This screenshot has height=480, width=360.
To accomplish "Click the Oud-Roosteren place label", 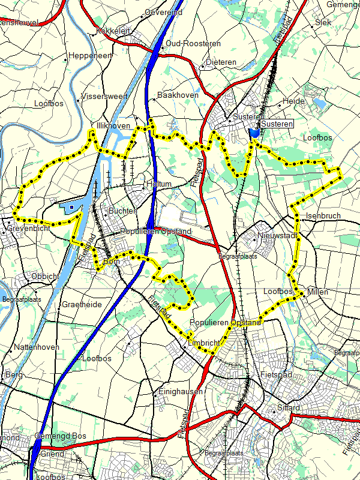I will [193, 44].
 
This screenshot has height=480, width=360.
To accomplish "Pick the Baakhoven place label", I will [177, 95].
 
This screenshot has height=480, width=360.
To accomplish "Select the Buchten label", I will [122, 211].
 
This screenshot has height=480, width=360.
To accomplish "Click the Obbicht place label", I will [45, 276].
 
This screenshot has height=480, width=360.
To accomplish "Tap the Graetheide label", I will [82, 304].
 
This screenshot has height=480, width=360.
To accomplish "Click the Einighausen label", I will [181, 391].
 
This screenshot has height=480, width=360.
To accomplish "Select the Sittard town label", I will [288, 408].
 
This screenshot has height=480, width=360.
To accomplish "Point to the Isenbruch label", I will [323, 215].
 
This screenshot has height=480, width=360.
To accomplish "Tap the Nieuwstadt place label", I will [277, 235].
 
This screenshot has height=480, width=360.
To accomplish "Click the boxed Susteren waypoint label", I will [277, 124].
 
